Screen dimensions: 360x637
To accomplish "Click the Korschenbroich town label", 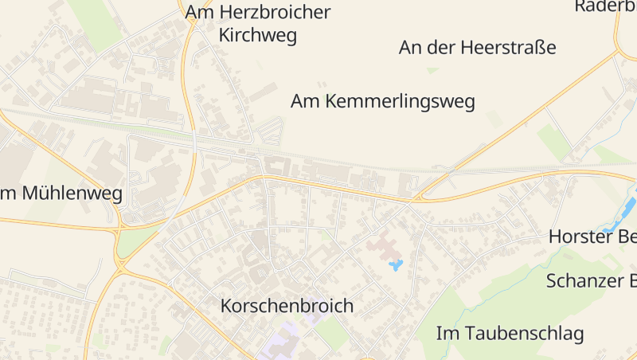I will (287, 306).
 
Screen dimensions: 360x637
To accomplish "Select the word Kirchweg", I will (257, 36).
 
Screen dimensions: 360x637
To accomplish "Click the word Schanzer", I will (583, 281).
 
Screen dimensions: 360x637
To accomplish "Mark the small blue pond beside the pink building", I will (396, 264).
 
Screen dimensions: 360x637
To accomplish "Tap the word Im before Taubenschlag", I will (446, 333).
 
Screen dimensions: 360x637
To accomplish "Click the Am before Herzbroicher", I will (201, 13).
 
